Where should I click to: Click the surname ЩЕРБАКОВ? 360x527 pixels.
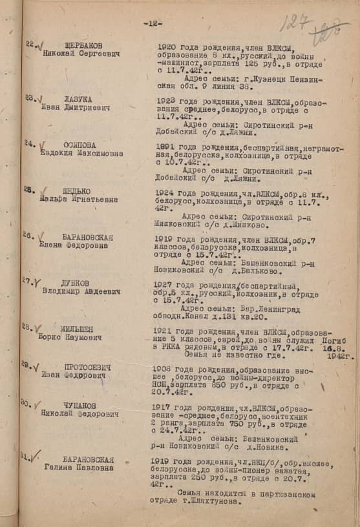(83, 45)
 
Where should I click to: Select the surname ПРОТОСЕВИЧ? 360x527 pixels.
(87, 367)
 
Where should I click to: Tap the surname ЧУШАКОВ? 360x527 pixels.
(79, 405)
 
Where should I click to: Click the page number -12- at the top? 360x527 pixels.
(153, 23)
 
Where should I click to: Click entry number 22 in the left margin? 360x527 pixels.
(29, 44)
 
